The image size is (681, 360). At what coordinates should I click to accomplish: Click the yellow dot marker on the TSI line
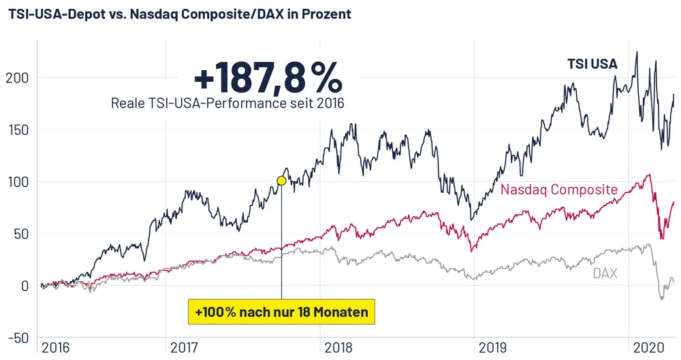click(x=281, y=181)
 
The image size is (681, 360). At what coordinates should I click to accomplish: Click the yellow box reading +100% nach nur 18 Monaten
click(x=281, y=312)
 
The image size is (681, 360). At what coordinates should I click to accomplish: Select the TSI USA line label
click(x=592, y=65)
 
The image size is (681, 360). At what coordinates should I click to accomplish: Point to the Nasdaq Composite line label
click(x=559, y=189)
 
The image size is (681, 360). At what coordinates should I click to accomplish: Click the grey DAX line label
click(x=604, y=274)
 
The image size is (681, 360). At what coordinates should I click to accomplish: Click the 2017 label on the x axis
click(x=184, y=347)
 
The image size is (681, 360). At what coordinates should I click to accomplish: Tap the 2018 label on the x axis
click(x=338, y=347)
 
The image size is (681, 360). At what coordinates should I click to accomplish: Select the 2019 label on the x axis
click(x=493, y=347)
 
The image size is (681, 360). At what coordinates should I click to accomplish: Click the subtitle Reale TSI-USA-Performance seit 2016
click(x=227, y=103)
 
